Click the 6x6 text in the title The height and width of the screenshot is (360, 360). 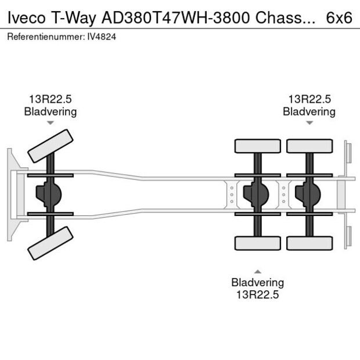339,17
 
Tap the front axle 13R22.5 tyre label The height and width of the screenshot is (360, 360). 50,99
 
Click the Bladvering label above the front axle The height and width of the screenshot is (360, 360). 50,111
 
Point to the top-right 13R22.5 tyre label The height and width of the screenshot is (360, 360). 309,99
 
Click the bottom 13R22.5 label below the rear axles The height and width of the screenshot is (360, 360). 257,294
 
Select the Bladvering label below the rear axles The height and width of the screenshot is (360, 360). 257,283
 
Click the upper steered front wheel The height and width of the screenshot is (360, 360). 51,146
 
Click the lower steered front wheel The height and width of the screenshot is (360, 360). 51,243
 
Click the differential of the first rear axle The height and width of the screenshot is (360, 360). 257,195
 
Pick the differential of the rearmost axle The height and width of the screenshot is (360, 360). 308,195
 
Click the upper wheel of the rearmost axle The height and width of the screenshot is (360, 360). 309,146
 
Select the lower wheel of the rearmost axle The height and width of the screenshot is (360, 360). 309,243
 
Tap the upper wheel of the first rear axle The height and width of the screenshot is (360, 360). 257,146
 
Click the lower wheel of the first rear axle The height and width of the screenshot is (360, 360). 257,243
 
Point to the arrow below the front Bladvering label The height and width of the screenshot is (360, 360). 50,123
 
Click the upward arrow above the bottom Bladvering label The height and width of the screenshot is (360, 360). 257,271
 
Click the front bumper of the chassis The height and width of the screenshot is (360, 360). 12,195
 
